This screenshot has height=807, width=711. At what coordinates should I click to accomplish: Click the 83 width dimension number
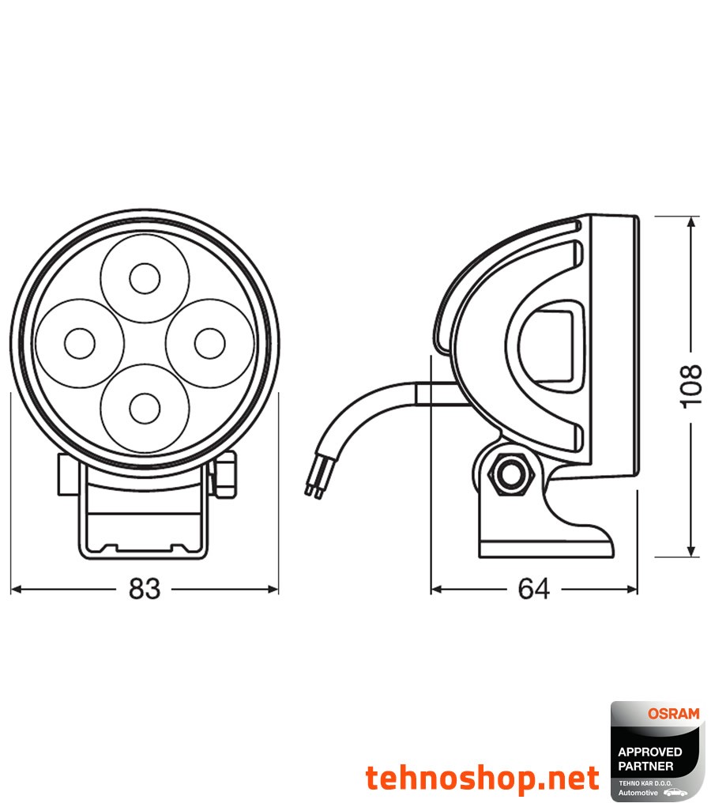tap(145, 589)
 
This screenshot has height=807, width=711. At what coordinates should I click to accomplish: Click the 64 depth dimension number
tap(534, 589)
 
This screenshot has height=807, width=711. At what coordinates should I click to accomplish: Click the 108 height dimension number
tap(690, 386)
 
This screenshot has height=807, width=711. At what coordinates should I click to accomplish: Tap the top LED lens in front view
tap(145, 278)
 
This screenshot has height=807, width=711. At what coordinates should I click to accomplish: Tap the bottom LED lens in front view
tap(145, 408)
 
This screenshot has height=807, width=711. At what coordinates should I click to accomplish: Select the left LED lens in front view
tap(80, 344)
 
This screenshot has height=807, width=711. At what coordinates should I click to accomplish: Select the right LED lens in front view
tap(209, 344)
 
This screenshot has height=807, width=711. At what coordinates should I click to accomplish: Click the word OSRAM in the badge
tap(673, 714)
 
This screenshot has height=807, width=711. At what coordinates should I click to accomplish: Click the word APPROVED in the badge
tap(650, 752)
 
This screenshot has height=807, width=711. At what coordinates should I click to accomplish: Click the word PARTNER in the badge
tap(646, 766)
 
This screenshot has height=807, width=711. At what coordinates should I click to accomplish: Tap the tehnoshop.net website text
tap(482, 779)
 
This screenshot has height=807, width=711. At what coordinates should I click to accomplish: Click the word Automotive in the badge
tap(638, 792)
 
